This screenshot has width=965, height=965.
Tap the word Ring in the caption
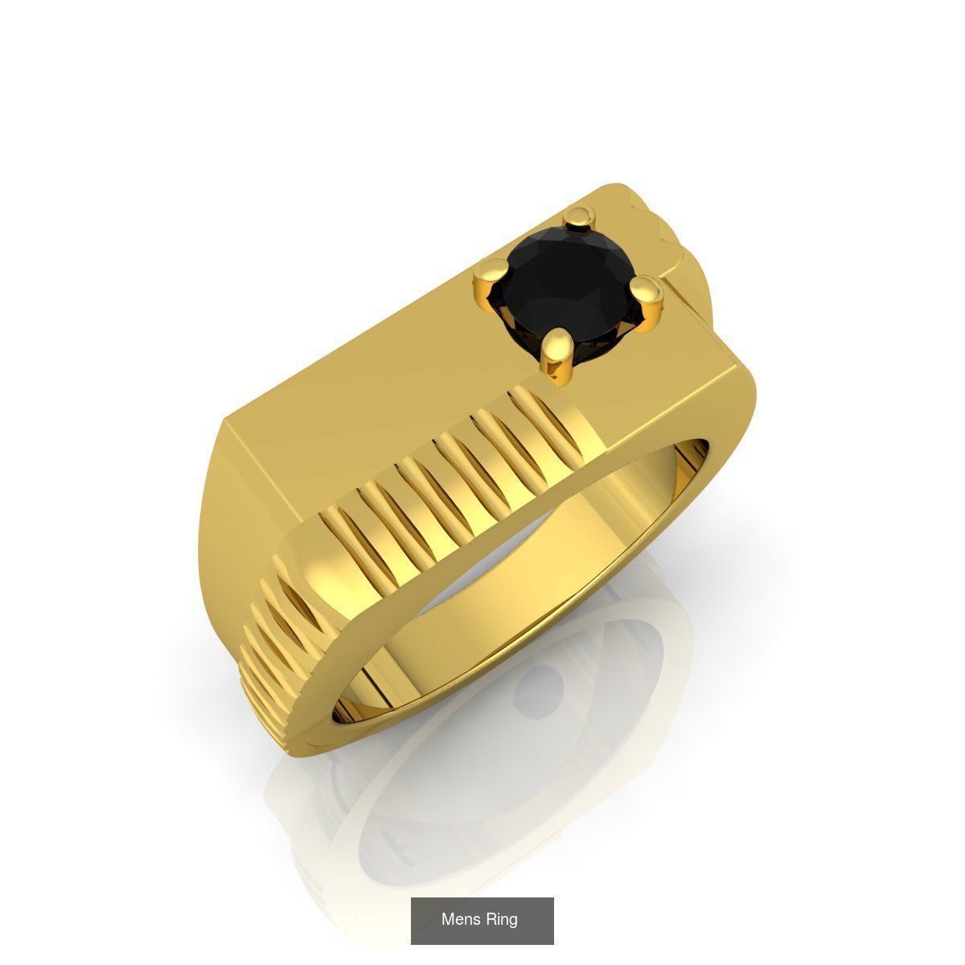[x=501, y=919]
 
